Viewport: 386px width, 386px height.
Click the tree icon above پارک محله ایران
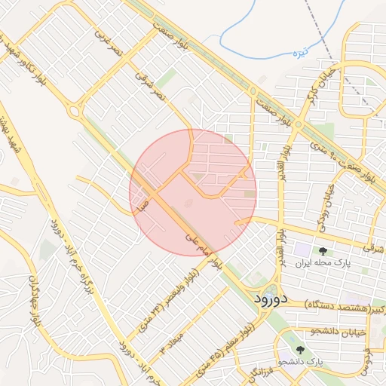(323, 251)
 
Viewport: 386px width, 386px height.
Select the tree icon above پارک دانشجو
(300, 350)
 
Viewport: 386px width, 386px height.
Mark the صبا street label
(138, 202)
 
